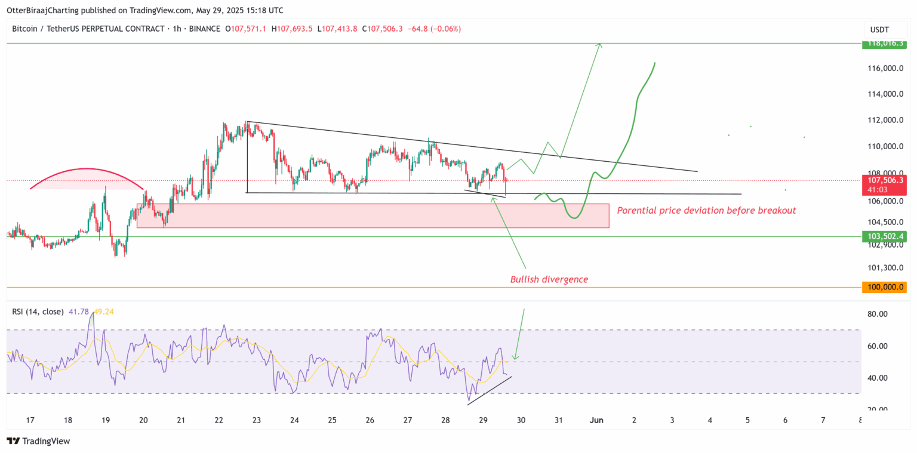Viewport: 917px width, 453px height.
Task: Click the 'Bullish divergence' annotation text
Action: [x=549, y=279]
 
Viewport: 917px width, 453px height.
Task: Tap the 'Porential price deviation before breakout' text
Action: [x=706, y=211]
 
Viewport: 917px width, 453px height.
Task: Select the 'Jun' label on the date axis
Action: [x=596, y=420]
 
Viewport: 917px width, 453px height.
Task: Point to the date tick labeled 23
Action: [x=257, y=420]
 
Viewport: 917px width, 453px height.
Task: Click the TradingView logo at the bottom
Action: [x=38, y=441]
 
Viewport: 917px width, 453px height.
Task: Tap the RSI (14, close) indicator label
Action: [x=38, y=312]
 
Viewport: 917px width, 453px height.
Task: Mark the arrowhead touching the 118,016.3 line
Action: [x=601, y=46]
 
